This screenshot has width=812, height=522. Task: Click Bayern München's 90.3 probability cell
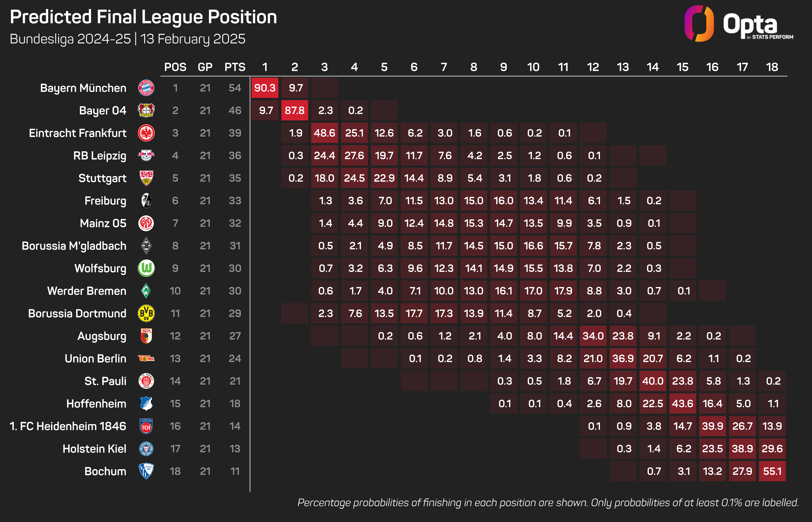coord(265,88)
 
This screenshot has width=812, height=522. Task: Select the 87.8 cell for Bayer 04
coord(295,111)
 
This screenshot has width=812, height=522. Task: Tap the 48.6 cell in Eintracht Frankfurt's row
coord(324,133)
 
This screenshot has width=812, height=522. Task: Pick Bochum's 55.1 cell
coord(772,471)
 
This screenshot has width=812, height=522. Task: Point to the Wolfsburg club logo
coord(146,268)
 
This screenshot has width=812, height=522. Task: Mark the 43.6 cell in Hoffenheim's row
coord(683,403)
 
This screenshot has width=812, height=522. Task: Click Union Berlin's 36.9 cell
coord(623,358)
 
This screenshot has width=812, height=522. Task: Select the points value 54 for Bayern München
coord(235,88)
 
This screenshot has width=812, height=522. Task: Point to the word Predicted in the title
coord(51,17)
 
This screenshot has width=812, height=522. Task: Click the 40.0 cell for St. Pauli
coord(653,381)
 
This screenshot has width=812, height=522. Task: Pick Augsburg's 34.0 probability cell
coord(593,336)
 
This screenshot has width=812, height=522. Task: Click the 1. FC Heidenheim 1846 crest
coord(146,426)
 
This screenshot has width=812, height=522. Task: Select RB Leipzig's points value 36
coord(235,156)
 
